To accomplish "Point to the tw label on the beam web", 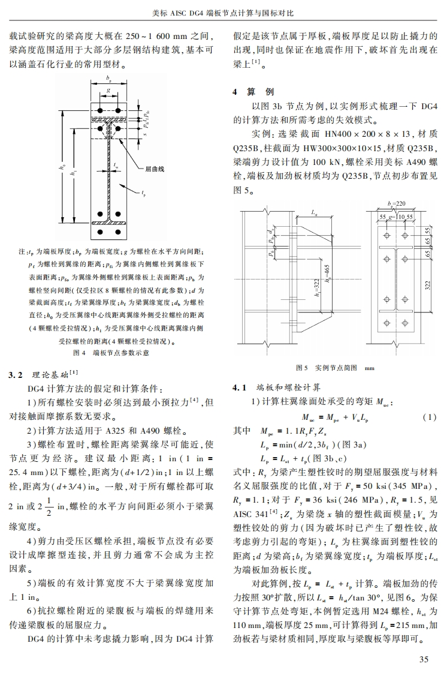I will point(116,162).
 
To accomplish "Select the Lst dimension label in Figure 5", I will point(315,212).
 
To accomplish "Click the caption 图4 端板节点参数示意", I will point(110,353).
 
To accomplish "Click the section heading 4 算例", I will point(253,92).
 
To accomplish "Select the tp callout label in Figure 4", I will point(144,193).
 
